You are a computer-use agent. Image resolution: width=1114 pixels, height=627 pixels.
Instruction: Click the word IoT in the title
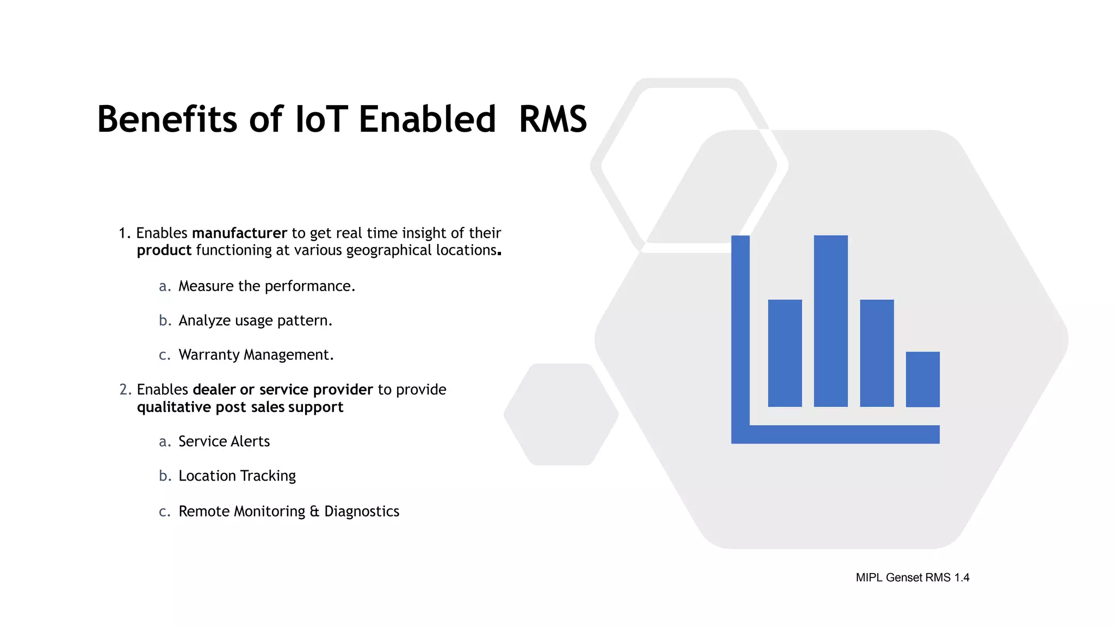(x=321, y=119)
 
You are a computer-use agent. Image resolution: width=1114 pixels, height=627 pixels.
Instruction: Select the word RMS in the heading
(x=553, y=119)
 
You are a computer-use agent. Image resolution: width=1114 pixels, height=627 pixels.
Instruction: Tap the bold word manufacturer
(x=239, y=233)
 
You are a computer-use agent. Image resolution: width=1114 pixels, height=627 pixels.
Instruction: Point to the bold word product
(x=164, y=250)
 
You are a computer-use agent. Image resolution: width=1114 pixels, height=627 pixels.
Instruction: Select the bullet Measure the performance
(x=267, y=286)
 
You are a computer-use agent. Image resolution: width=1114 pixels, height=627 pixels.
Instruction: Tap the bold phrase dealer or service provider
(x=282, y=390)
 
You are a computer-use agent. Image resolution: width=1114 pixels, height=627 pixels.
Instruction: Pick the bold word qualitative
(x=174, y=407)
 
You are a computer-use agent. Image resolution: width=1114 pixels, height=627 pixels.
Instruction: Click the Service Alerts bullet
(x=224, y=441)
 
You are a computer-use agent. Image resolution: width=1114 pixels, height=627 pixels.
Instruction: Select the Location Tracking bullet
(x=237, y=476)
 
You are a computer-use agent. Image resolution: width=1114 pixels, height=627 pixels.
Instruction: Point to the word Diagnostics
(x=362, y=512)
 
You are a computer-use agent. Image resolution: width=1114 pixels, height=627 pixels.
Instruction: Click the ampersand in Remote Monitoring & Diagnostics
(x=314, y=512)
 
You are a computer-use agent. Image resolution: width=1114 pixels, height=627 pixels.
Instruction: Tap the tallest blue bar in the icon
(x=831, y=321)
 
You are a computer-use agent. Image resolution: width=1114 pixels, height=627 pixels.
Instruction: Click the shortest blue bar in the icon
(x=923, y=379)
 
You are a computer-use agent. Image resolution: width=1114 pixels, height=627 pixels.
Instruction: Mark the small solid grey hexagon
(x=561, y=414)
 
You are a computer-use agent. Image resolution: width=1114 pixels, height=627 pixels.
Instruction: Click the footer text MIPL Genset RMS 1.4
(x=912, y=577)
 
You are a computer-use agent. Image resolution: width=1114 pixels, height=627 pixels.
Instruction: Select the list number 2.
(x=125, y=390)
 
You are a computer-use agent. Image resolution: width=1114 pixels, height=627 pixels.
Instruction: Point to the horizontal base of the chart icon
(x=843, y=434)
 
